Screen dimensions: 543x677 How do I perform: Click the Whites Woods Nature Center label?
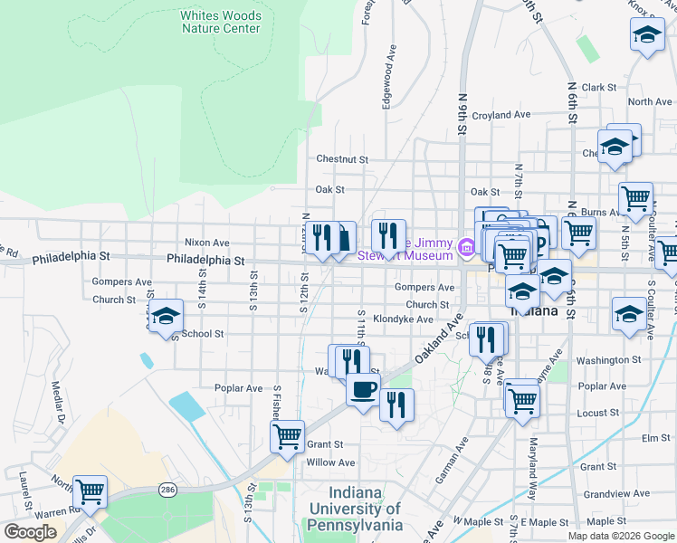[220, 22]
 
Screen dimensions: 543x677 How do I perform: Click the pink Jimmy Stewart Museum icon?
[467, 246]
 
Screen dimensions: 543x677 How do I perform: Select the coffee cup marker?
[363, 390]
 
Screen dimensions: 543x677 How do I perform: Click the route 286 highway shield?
[168, 489]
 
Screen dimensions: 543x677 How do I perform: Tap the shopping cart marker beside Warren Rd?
[91, 491]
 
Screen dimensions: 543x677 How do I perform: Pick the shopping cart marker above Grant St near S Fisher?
[287, 435]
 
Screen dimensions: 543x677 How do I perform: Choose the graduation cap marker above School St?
[167, 316]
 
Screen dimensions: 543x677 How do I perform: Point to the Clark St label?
[599, 88]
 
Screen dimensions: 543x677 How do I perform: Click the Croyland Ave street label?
[501, 115]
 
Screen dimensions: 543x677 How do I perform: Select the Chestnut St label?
[342, 159]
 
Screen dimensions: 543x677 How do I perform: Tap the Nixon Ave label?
[207, 243]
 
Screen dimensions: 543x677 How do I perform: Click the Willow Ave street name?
[330, 462]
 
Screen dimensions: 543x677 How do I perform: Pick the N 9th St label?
[462, 114]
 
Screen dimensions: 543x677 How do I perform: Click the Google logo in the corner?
[31, 532]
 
